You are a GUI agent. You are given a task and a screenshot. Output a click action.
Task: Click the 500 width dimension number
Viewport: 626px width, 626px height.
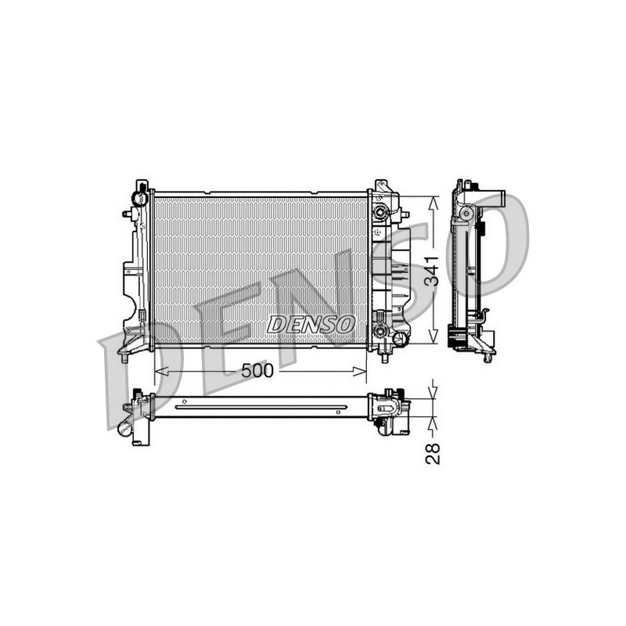[x=257, y=371]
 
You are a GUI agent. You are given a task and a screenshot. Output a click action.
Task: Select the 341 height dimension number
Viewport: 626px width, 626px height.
[x=431, y=271]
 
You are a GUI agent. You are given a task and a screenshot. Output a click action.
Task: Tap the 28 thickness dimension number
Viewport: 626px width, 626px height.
[x=433, y=454]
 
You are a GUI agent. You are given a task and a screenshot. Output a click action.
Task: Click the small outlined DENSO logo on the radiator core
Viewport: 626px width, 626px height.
[x=311, y=324]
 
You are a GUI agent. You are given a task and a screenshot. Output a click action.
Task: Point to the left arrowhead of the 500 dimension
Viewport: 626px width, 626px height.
[x=160, y=372]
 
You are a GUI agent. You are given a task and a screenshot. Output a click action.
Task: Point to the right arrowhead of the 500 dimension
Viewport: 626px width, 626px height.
[x=360, y=372]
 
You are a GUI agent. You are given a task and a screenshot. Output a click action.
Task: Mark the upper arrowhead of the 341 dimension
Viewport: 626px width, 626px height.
[x=434, y=203]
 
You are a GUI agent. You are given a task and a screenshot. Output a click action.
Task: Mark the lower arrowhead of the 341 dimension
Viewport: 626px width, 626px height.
[x=434, y=336]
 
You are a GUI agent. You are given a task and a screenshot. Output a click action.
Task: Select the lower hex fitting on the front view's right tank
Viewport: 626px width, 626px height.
[x=380, y=330]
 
